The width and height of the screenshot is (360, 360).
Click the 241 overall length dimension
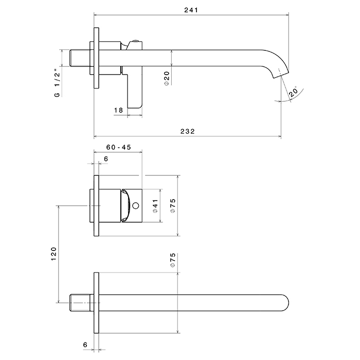coord(190,10)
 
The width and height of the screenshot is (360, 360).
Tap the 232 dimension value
coord(187,131)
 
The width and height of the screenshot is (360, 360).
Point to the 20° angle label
coord(293,93)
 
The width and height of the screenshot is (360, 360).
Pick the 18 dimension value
coord(118,110)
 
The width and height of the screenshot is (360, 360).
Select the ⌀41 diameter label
coord(154,206)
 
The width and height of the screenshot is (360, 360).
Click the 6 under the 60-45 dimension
coord(105,159)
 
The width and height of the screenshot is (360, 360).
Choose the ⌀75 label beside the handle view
coord(173,205)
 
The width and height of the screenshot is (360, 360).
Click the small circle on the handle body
coord(135,206)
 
